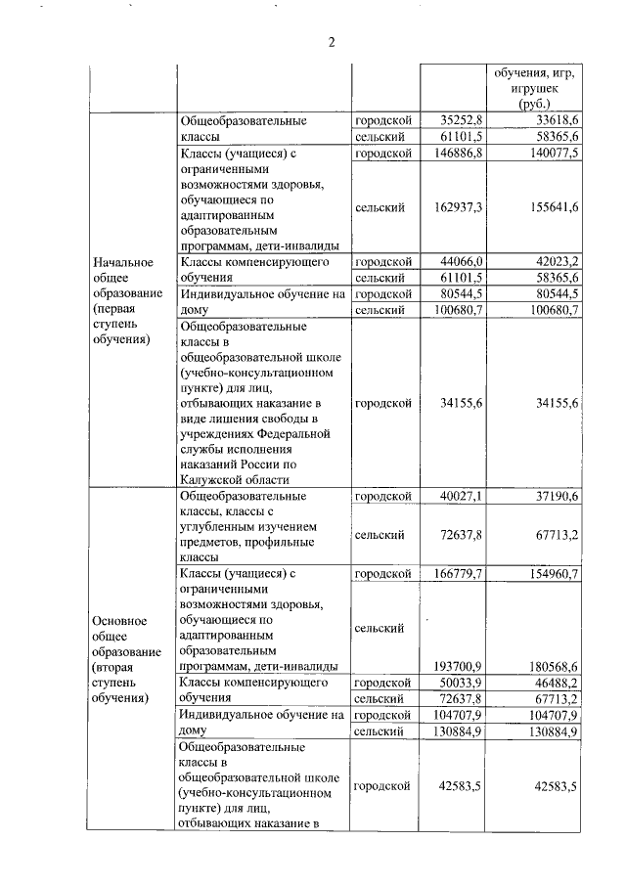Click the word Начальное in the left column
coord(123,262)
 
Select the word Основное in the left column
coord(120,620)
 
